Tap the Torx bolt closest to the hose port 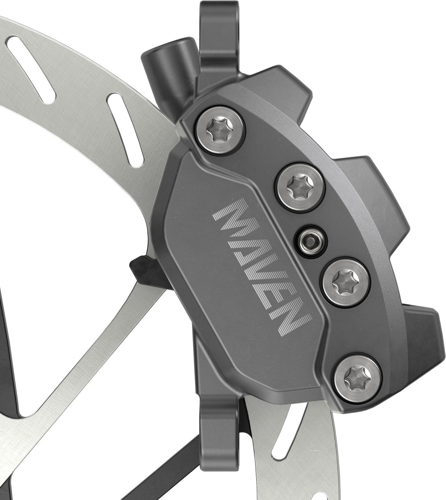[220, 129]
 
